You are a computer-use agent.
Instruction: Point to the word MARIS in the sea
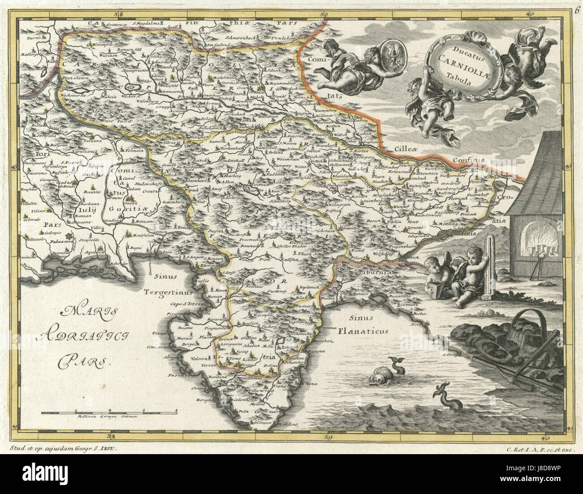pos(84,310)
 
